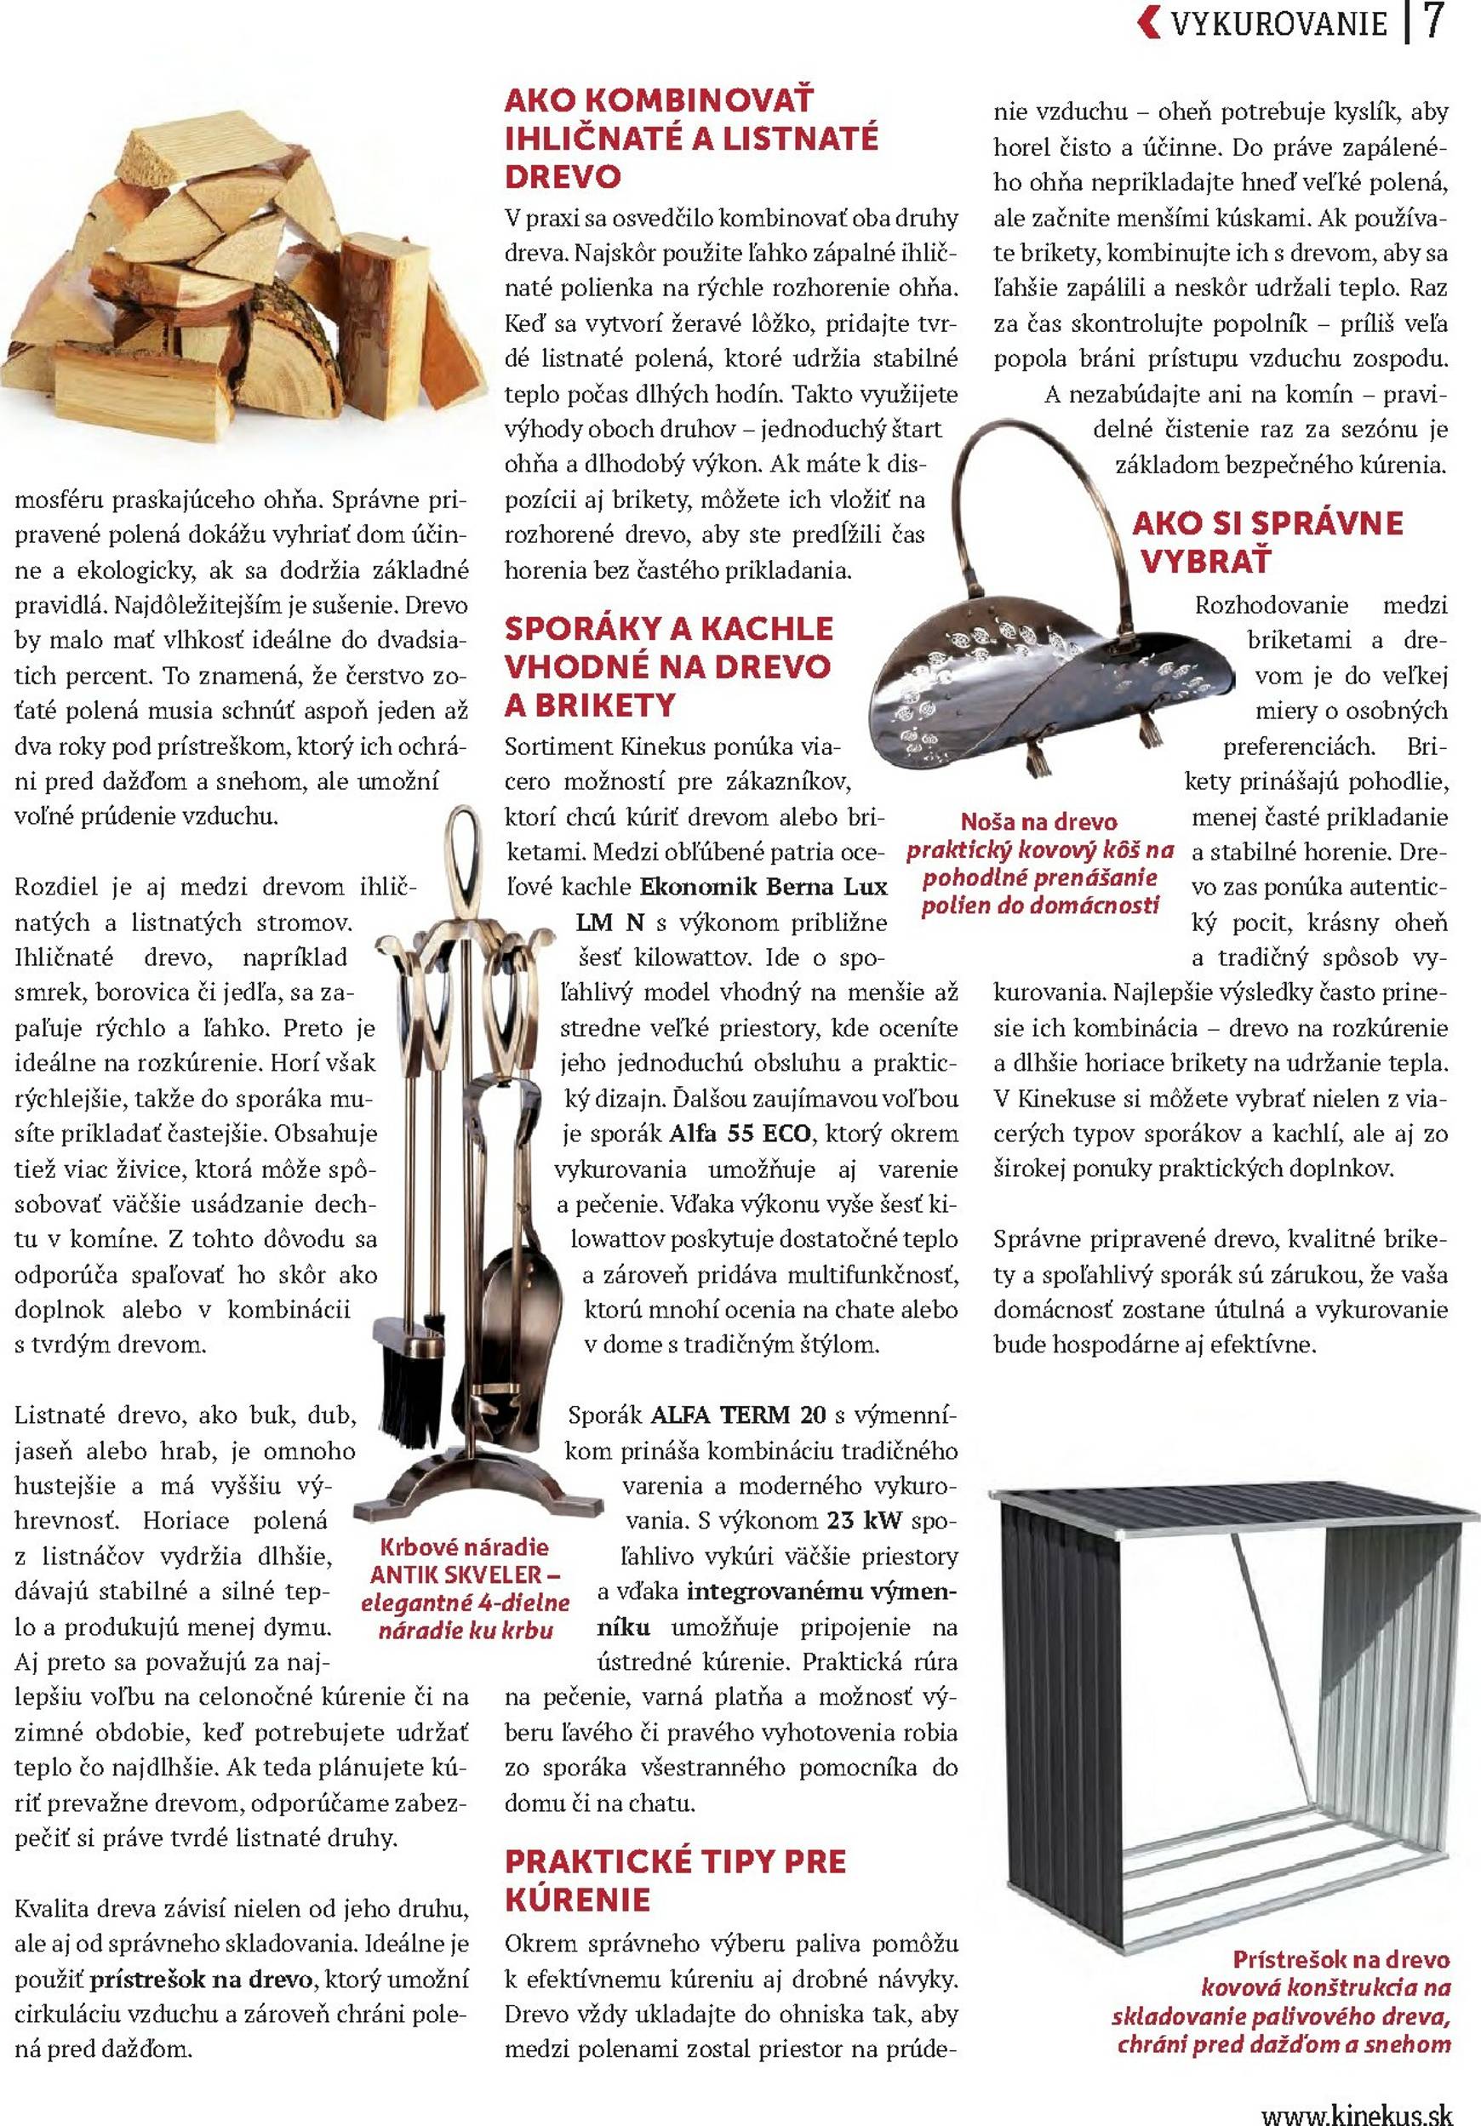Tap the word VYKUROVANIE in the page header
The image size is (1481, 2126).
(x=1279, y=24)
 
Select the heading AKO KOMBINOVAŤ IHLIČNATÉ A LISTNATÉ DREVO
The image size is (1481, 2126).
(x=691, y=139)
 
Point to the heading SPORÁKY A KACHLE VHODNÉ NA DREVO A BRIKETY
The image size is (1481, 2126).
(x=668, y=666)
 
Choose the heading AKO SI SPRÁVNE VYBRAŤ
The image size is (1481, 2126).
(x=1267, y=541)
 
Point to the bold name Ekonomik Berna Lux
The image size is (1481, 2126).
(x=763, y=887)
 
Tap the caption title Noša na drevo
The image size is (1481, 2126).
(x=1038, y=821)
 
